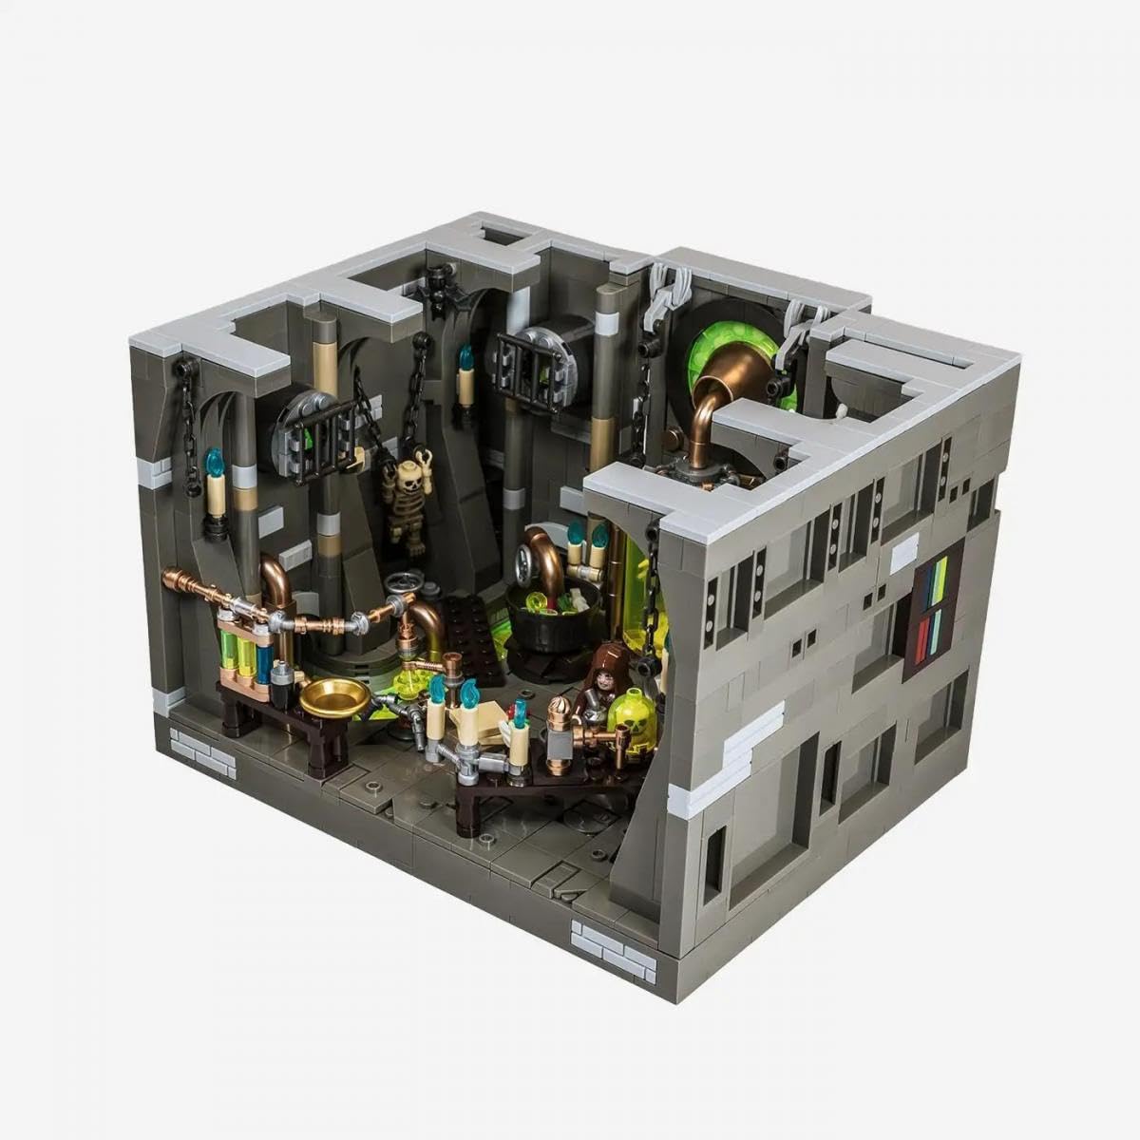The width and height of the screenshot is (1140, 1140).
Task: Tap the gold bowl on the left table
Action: [334, 698]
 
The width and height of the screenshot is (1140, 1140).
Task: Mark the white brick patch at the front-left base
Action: [201, 752]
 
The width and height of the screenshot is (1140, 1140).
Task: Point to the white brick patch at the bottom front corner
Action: [614, 947]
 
